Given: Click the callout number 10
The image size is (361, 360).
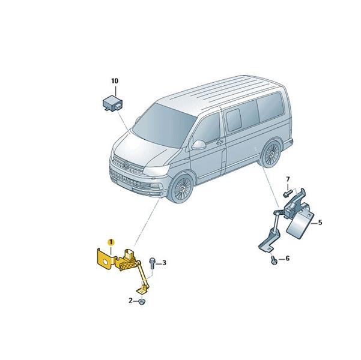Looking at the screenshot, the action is click(x=115, y=81).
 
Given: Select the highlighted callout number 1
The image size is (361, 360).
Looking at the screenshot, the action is click(x=111, y=242).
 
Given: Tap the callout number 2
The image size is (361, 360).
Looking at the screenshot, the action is click(x=130, y=301).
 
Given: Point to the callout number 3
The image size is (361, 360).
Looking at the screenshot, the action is click(x=164, y=262).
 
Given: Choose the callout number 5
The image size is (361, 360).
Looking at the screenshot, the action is click(x=320, y=223).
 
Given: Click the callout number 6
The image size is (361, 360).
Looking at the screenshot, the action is click(x=287, y=259).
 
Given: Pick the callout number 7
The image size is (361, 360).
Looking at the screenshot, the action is click(x=288, y=179).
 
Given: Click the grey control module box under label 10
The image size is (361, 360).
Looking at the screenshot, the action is click(x=112, y=104).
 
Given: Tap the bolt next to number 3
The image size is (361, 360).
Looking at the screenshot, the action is click(x=152, y=263).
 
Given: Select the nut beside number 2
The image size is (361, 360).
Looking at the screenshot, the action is click(x=142, y=302).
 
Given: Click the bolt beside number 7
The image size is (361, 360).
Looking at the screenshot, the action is click(x=287, y=193).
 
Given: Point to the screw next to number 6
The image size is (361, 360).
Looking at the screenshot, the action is click(x=274, y=260).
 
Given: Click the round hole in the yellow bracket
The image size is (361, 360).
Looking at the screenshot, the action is click(x=106, y=262).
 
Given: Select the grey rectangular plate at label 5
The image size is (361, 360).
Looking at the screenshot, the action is click(x=300, y=225).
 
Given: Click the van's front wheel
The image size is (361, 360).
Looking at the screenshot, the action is click(x=181, y=188).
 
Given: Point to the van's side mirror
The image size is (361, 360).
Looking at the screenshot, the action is click(x=198, y=145).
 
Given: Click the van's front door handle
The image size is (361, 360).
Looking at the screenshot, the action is click(x=220, y=142).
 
